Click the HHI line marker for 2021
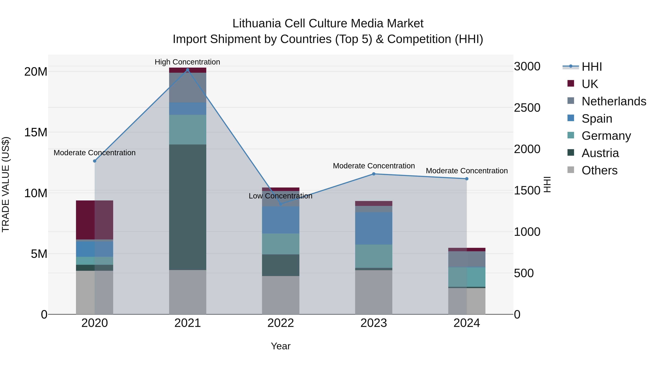pos(188,70)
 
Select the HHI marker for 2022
pos(281,204)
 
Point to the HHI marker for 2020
pos(94,161)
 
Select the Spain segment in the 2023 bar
pos(374,229)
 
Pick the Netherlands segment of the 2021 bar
pos(188,88)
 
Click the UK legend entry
pos(589,84)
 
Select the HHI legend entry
pos(591,67)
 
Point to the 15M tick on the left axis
pos(36,132)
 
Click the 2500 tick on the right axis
pos(527,108)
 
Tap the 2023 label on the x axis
pos(374,323)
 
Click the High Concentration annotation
pos(188,62)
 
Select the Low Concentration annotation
pos(280,196)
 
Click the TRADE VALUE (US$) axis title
pos(6,184)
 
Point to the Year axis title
pos(281,346)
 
